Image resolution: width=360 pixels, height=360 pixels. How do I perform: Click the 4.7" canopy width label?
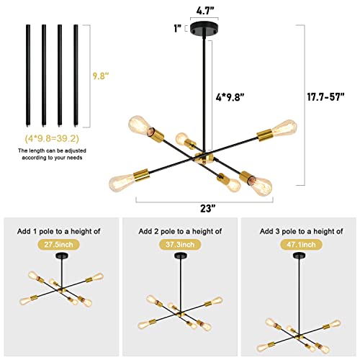tap(205, 11)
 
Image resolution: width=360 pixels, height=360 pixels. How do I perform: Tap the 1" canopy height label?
tap(178, 28)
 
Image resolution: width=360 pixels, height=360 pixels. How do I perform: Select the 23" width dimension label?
tap(208, 208)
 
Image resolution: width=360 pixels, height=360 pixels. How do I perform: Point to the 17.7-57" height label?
tap(326, 97)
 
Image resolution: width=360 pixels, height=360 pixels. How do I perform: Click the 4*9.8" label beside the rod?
tap(230, 97)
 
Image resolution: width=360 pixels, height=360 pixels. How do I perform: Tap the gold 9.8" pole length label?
tap(101, 76)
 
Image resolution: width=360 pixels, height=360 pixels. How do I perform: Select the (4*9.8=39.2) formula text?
tap(52, 138)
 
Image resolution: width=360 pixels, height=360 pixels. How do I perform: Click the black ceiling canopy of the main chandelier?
tap(204, 28)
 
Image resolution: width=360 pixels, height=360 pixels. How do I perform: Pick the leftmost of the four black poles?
tap(28, 76)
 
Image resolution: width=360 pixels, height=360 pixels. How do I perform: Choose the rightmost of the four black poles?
tap(76, 76)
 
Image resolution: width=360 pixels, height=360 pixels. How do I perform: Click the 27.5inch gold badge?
tap(58, 245)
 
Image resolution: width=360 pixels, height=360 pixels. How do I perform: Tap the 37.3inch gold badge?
tap(180, 245)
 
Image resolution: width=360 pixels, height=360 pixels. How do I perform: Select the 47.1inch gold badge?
tap(301, 245)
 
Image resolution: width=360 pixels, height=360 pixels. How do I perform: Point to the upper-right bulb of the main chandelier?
tap(285, 128)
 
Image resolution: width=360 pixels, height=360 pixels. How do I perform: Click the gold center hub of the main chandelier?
tap(204, 158)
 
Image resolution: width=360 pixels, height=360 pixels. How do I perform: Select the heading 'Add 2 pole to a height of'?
tap(180, 231)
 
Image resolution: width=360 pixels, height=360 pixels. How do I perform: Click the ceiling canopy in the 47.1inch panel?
tap(300, 256)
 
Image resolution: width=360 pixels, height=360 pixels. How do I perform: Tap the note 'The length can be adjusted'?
tap(52, 150)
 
